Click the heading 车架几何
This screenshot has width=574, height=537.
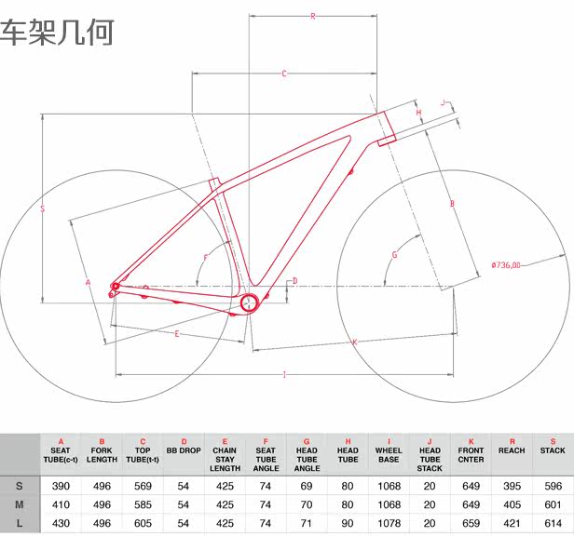(57, 32)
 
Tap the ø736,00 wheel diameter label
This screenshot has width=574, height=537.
(507, 264)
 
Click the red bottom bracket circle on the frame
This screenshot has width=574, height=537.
(249, 302)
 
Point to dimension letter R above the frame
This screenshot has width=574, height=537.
(313, 16)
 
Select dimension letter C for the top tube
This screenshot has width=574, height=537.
(283, 73)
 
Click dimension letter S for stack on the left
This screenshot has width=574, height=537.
(43, 209)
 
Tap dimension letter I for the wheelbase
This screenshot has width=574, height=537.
(283, 374)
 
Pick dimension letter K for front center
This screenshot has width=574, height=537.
(354, 342)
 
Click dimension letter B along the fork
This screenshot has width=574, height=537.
(451, 203)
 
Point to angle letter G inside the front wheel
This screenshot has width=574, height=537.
(394, 254)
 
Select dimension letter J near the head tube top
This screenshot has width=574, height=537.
(444, 103)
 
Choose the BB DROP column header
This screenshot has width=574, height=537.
(184, 450)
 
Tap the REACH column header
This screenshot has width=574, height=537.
(512, 450)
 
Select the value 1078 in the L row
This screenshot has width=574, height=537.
(389, 523)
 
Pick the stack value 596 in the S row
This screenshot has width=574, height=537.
(553, 485)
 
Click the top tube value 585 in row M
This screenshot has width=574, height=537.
(143, 504)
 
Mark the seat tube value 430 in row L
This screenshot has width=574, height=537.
(61, 523)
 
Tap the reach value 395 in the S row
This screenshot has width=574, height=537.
(512, 485)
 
